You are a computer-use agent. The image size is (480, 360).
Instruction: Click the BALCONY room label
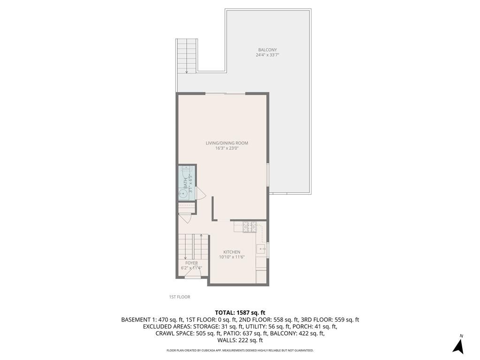267,50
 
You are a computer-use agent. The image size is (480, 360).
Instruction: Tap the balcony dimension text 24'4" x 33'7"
267,55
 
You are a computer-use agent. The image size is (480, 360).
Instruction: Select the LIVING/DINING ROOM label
227,143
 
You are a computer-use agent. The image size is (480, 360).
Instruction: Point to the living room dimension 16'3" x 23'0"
227,148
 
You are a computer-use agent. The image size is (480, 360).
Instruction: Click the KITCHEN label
232,252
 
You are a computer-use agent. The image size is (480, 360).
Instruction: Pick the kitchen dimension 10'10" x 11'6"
232,257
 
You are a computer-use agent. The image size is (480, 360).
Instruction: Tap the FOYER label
191,263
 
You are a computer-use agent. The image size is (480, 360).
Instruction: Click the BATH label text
185,182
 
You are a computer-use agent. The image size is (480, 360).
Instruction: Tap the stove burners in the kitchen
249,227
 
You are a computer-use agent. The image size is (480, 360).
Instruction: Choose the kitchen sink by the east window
260,249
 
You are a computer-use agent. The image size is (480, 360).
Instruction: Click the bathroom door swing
199,193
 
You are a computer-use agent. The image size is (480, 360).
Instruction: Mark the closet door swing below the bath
184,218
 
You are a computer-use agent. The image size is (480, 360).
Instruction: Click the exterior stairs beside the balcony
187,55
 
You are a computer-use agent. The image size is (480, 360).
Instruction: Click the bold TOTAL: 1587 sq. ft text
240,313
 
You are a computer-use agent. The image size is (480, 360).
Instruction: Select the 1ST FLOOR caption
180,297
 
